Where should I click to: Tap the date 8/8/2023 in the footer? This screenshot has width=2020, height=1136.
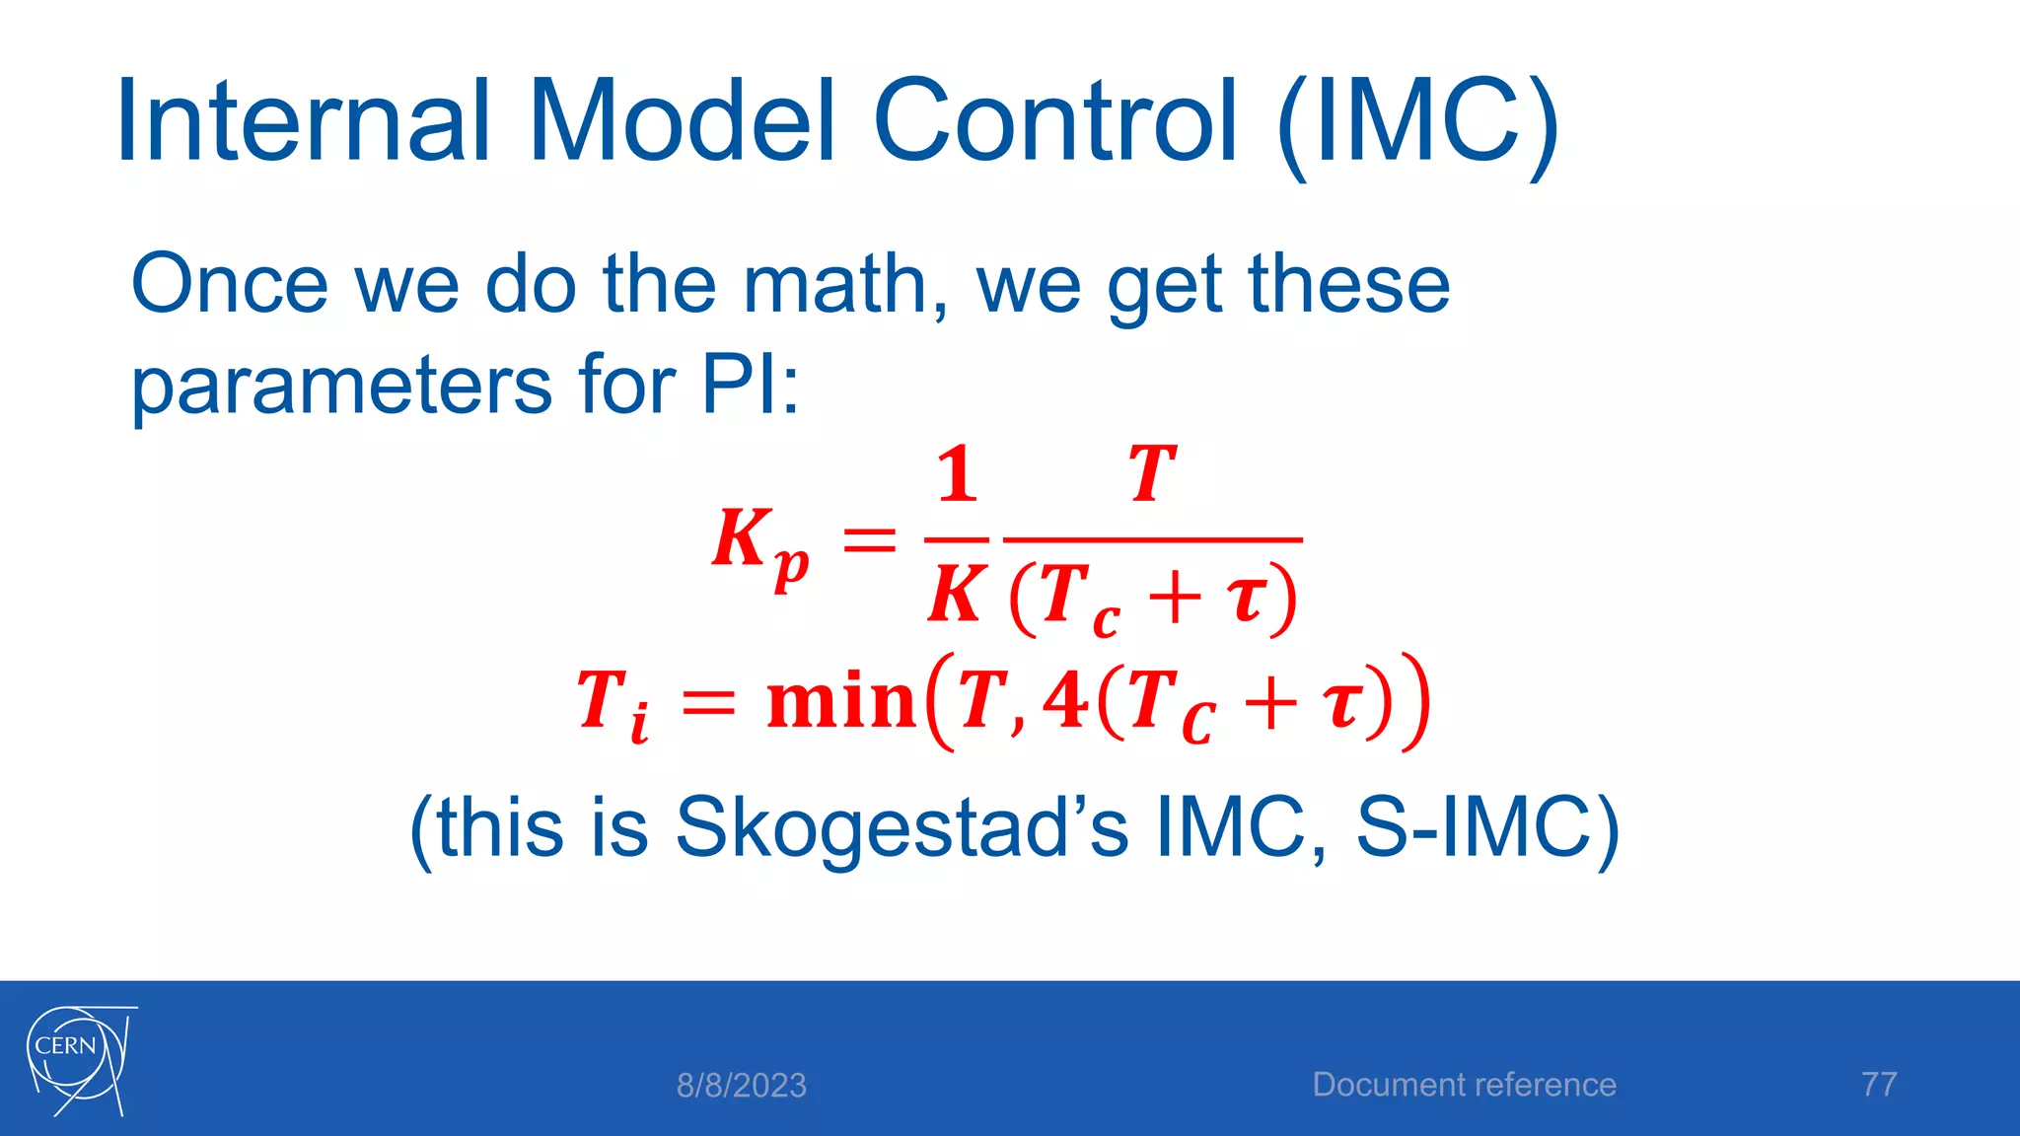(741, 1086)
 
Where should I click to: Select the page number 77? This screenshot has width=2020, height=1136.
(1879, 1085)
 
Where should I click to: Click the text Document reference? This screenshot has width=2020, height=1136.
(1464, 1085)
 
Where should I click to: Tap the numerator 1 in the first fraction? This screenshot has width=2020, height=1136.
(957, 475)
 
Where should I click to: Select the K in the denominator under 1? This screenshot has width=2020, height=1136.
(955, 596)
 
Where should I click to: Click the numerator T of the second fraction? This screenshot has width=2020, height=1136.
(1152, 475)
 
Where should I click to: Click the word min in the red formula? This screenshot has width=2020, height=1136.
(841, 701)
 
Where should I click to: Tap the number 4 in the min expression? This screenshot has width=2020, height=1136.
(1065, 700)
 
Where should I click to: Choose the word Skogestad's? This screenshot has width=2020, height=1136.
(901, 826)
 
